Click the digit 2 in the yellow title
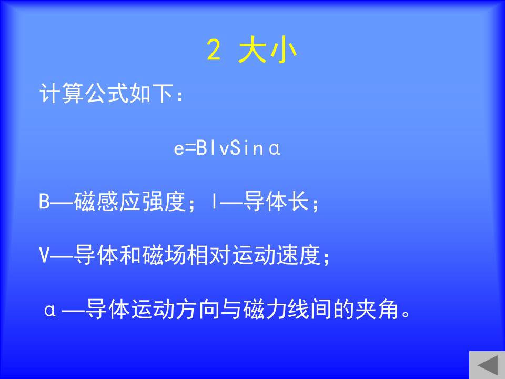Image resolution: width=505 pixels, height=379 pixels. click(x=214, y=49)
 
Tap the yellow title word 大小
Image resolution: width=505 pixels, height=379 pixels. click(x=267, y=51)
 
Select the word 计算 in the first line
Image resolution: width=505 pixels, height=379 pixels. click(x=62, y=93)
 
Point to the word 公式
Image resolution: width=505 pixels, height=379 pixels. click(x=106, y=93)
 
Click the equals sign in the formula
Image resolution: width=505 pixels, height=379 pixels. click(x=190, y=148)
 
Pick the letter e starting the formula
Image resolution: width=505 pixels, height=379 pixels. click(x=179, y=149)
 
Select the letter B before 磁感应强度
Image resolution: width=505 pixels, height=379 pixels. click(x=44, y=201)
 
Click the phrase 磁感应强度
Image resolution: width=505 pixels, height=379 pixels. click(x=130, y=202)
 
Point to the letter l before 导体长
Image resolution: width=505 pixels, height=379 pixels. click(x=215, y=201)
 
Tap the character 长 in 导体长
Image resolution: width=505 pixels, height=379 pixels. click(x=298, y=201)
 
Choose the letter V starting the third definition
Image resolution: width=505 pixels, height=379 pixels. click(x=44, y=255)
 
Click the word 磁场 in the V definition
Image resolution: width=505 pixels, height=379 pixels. click(x=164, y=255)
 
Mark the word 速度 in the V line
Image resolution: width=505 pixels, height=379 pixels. click(x=299, y=255)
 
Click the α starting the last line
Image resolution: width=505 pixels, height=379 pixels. click(x=50, y=311)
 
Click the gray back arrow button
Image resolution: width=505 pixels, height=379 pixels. click(x=487, y=365)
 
